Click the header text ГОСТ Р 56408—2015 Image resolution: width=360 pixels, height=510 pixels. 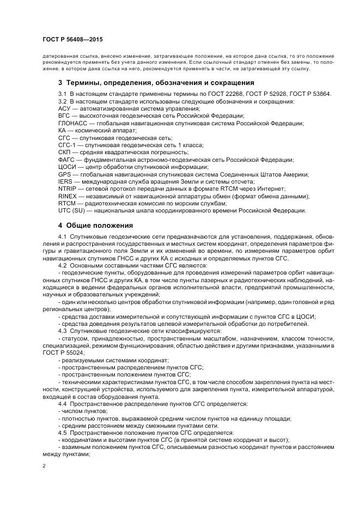tap(72, 40)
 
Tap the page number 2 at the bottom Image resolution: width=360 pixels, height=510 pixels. tap(44, 466)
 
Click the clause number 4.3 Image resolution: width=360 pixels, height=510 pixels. tap(62, 331)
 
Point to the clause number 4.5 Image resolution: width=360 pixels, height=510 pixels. tap(62, 432)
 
